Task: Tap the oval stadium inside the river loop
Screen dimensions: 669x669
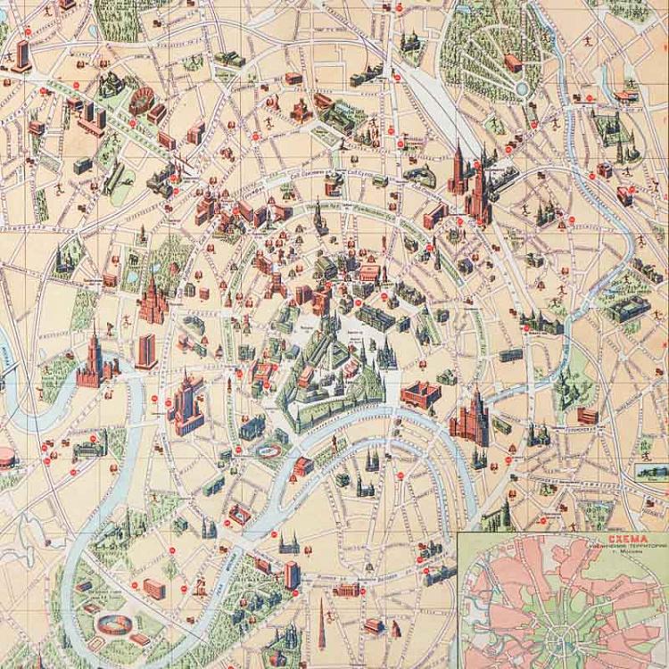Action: [113, 621]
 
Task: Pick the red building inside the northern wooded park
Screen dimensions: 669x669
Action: [513, 62]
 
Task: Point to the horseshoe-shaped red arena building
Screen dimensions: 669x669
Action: [141, 101]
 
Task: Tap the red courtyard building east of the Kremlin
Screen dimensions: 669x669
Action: [421, 393]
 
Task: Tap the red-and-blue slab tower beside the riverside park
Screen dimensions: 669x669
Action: [292, 574]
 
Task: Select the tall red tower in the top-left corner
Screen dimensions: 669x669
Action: [22, 55]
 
